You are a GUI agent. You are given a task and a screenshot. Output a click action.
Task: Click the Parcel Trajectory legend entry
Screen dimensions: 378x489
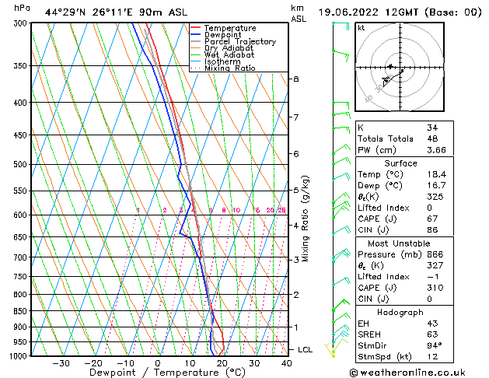click(x=239, y=42)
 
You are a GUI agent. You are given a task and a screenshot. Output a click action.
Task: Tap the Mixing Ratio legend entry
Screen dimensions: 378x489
click(x=229, y=68)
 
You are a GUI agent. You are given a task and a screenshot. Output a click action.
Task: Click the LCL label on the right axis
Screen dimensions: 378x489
click(x=306, y=350)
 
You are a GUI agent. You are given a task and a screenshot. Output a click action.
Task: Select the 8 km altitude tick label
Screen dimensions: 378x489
click(x=295, y=79)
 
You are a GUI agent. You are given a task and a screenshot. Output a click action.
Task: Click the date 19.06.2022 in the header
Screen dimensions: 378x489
click(x=349, y=12)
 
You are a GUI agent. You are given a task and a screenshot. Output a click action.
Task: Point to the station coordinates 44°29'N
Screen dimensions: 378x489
click(x=63, y=12)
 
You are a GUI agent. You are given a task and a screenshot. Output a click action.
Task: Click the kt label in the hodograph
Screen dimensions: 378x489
click(x=361, y=27)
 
